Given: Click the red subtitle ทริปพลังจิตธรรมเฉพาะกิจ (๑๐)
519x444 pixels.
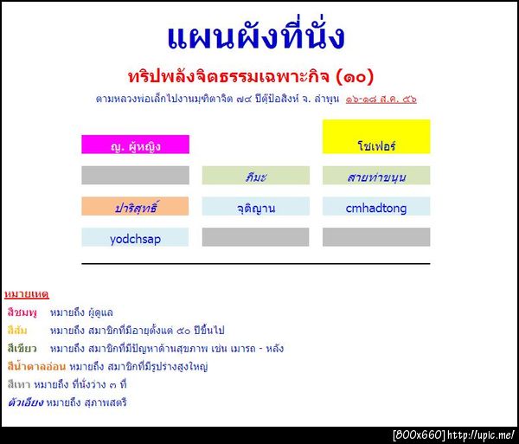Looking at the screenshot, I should point(256,75).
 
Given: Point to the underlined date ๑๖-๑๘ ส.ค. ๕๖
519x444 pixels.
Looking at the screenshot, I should point(381,100).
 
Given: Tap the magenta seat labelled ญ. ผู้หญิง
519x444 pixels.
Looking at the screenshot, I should point(135,145).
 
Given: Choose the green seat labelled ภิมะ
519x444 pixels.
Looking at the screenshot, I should point(255,176).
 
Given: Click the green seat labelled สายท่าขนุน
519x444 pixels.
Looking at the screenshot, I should point(375,176).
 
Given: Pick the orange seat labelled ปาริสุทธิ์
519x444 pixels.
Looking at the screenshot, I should point(135,207).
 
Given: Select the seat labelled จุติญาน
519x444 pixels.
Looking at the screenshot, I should point(255,207).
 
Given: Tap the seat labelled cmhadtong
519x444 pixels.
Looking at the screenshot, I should point(375,207).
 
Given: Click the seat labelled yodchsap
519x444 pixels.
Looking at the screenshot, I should point(135,237).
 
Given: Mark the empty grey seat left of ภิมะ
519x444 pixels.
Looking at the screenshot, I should point(135,176).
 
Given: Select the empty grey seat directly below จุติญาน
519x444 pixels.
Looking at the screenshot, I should point(255,237).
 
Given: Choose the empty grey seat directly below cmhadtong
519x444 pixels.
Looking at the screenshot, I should point(375,237).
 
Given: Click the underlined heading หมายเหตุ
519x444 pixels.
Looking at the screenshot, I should point(26,294).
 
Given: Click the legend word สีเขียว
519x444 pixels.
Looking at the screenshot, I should point(22,349).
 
